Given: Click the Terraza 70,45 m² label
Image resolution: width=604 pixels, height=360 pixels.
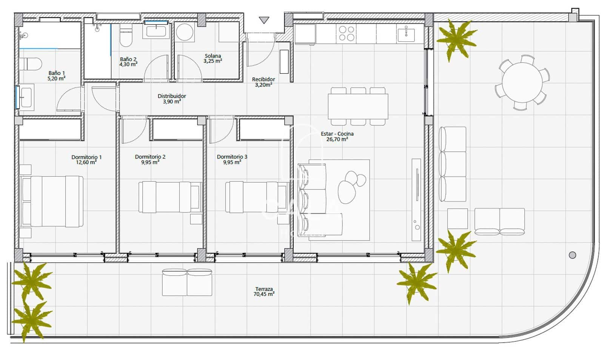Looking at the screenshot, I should [x=263, y=292].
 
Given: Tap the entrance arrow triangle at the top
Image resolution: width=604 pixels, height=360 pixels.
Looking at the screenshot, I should [x=264, y=20].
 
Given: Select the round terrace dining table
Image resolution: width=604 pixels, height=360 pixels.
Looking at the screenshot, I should [x=522, y=82].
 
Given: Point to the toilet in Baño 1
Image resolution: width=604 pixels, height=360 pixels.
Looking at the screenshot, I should [x=30, y=64].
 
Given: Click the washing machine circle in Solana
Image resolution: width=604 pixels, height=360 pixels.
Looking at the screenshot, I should [x=185, y=32].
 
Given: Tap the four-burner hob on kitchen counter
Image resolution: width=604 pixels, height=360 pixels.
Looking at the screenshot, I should [x=347, y=33].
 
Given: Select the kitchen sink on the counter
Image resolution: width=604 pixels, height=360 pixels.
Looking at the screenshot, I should [x=406, y=34].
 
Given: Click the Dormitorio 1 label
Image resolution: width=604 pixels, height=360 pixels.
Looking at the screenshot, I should [x=86, y=160].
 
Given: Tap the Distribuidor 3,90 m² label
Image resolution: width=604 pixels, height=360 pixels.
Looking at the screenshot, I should [x=171, y=98].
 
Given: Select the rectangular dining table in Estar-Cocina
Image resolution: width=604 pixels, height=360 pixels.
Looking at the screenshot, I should [x=357, y=106].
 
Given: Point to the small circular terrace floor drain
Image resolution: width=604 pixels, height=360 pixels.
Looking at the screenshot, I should [x=572, y=255].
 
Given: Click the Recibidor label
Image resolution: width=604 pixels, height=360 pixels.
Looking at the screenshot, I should [x=263, y=82].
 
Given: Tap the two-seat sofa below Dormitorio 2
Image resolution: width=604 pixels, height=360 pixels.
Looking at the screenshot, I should [x=187, y=282].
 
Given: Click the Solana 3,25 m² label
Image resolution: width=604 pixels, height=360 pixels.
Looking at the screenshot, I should [x=213, y=58].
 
